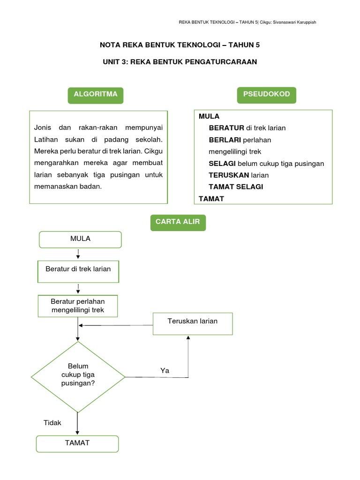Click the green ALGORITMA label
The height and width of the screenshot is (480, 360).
96,95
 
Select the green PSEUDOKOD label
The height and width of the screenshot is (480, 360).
266,95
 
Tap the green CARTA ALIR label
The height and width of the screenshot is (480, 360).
178,222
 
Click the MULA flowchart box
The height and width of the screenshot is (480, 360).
80,239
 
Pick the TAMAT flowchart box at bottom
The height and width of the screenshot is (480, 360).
77,443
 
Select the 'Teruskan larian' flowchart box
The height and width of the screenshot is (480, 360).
193,323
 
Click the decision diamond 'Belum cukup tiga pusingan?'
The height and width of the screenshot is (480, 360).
78,376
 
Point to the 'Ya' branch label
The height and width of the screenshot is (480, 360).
165,370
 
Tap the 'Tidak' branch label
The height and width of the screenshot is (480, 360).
52,423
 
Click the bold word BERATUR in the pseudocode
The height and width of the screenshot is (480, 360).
226,128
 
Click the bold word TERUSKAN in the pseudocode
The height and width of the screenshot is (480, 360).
229,175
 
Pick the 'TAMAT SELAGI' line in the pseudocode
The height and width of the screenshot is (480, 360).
236,187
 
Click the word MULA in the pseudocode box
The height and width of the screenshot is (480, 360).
209,116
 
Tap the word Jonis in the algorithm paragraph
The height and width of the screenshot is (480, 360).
42,127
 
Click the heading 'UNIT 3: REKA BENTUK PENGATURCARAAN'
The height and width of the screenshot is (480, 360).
180,62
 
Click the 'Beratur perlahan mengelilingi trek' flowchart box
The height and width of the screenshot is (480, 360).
78,306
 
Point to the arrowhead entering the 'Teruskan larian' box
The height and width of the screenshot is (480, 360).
188,337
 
